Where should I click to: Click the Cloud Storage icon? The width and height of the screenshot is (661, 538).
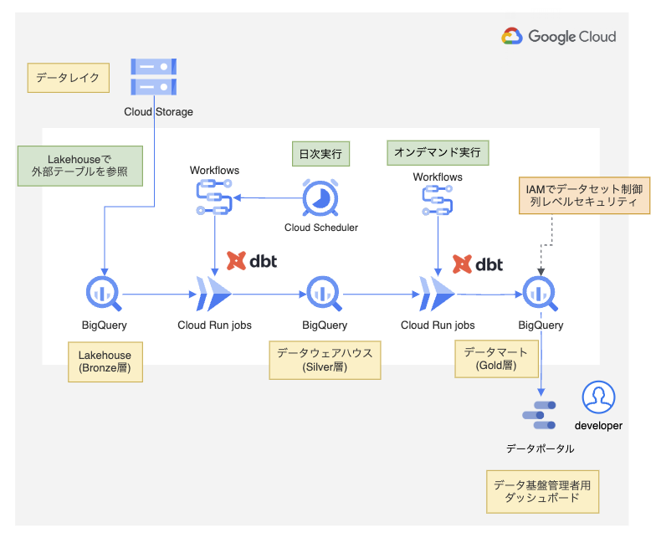[153, 77]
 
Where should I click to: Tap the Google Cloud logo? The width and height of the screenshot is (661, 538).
[559, 36]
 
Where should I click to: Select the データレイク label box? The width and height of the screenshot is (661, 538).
[69, 78]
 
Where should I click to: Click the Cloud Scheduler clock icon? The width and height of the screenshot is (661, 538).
[320, 197]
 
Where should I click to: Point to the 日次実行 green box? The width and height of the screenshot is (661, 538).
[320, 153]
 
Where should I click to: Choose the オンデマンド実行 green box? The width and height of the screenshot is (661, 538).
[438, 152]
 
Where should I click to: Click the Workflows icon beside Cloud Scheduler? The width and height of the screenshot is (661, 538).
[214, 197]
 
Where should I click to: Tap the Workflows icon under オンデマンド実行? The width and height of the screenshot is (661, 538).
[438, 200]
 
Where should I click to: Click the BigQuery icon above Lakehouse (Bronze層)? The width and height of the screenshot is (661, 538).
[104, 294]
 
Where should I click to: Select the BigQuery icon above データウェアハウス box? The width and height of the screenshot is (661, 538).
[324, 294]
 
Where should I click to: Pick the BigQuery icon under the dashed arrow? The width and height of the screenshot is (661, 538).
[541, 294]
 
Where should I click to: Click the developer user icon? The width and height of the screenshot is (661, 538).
[598, 397]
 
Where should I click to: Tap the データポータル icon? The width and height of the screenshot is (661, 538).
[539, 415]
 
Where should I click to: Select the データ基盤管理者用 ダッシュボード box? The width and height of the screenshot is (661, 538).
[542, 492]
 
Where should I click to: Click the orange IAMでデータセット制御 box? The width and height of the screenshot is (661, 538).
[584, 195]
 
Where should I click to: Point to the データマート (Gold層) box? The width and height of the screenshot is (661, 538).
[496, 359]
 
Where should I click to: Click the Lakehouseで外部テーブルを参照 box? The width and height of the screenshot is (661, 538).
[80, 166]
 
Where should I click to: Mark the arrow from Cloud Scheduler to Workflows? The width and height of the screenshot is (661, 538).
[268, 197]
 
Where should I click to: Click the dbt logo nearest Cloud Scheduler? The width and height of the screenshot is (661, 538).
[252, 261]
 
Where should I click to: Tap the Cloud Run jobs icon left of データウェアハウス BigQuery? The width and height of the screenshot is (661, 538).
[214, 294]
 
